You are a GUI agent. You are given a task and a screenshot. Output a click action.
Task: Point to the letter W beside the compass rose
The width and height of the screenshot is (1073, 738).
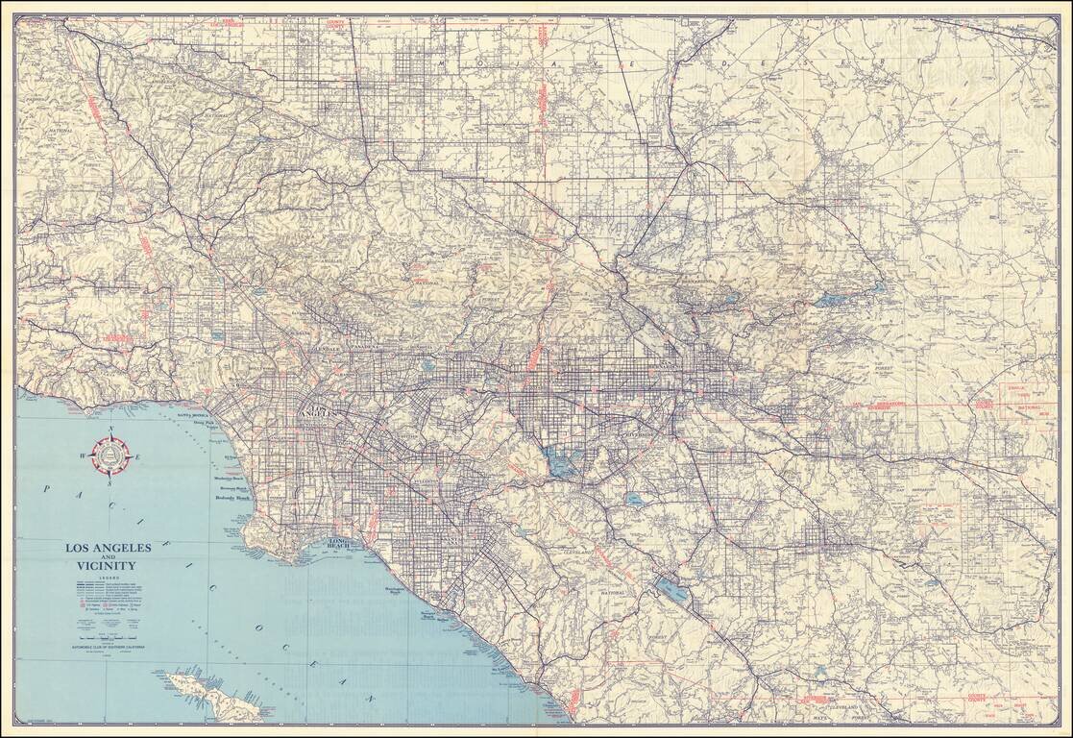pyautogui.click(x=85, y=456)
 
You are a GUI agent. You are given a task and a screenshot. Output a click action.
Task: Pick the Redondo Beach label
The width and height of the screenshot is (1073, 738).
pyautogui.click(x=232, y=499)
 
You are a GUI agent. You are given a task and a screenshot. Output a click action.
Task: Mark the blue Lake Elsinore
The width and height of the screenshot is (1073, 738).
pyautogui.click(x=673, y=588)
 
